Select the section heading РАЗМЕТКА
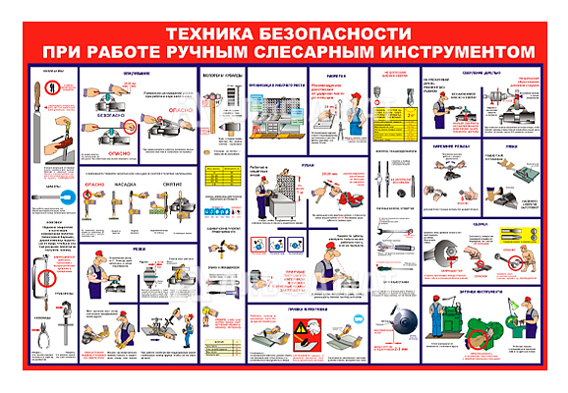click(336, 74)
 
